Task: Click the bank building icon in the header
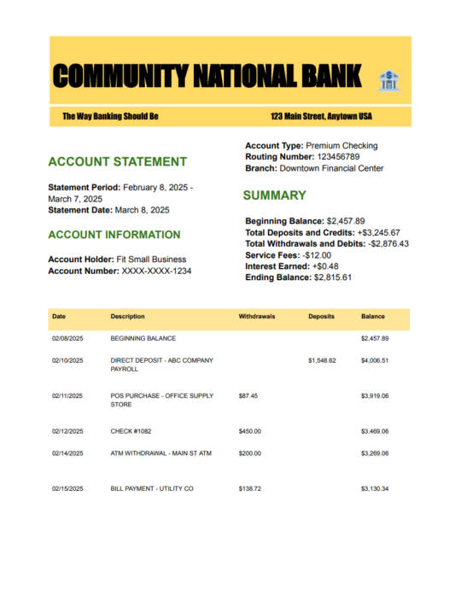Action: point(388,81)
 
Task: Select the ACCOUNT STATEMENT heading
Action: point(117,161)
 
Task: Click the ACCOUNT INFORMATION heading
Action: point(114,235)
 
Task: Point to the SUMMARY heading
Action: point(274,195)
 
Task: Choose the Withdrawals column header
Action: point(256,317)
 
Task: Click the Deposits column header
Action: point(322,317)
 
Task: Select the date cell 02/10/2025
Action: point(67,361)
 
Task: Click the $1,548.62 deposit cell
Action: point(322,361)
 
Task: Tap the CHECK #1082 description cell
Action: point(132,431)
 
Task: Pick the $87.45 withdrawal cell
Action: point(248,396)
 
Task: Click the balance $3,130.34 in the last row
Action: point(375,489)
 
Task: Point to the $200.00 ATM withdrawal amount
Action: point(250,453)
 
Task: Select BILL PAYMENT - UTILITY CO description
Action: point(152,489)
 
